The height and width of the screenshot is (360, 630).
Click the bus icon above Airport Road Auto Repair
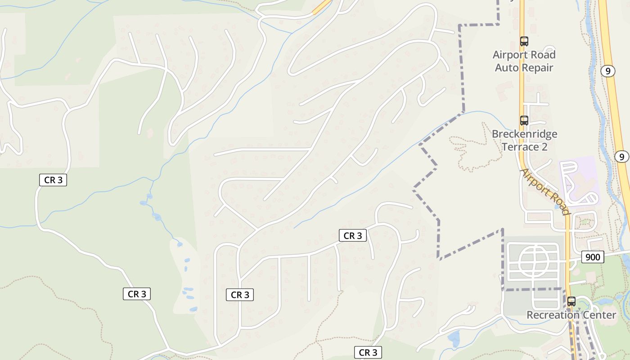point(524,41)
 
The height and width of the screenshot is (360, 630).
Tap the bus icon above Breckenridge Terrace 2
point(524,121)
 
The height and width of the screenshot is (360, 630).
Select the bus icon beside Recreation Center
point(571,301)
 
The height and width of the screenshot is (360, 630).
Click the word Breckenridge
point(524,134)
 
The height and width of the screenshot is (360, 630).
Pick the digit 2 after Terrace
point(544,147)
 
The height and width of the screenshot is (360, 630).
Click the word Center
point(599,315)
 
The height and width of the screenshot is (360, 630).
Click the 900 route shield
point(593,257)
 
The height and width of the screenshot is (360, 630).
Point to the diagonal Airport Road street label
point(544,192)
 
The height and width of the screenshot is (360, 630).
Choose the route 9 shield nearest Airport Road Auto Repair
point(608,71)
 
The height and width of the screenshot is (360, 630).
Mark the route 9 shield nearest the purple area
point(621,157)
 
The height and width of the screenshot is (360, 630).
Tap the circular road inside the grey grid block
point(534,261)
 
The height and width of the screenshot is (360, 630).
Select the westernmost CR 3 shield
point(53,180)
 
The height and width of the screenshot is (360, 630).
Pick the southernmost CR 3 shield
point(368,352)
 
